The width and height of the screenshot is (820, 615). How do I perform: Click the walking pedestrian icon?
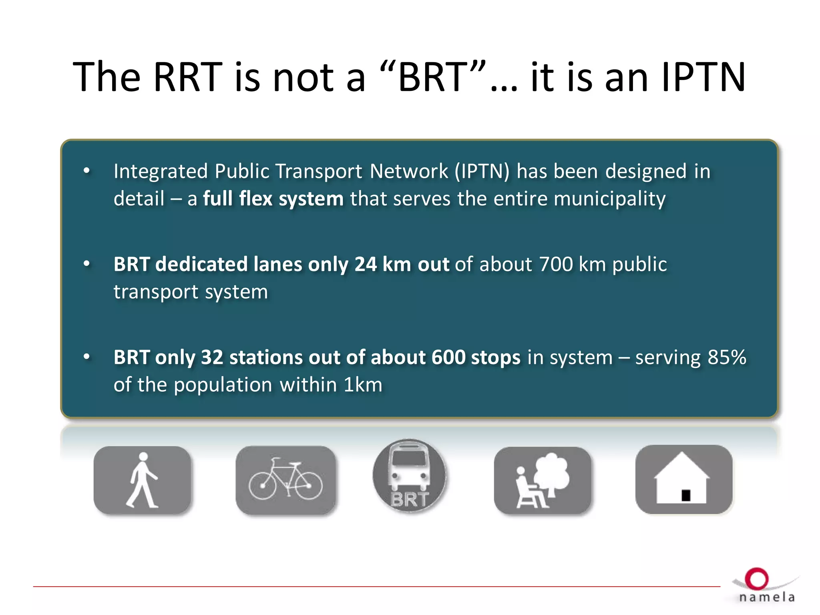point(142,480)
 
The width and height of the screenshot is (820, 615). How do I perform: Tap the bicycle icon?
point(285,480)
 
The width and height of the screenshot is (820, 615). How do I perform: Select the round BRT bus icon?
point(409,475)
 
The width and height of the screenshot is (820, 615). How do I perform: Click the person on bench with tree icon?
point(543,480)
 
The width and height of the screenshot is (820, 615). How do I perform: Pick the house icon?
point(683,479)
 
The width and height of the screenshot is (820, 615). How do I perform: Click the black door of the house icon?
point(686,496)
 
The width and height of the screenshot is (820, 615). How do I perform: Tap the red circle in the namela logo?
point(756,579)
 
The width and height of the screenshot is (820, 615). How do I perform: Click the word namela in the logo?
point(767,597)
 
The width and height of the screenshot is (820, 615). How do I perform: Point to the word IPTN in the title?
point(703,77)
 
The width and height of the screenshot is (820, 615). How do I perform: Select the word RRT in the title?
point(188,77)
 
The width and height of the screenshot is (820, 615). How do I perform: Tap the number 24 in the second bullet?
point(365,264)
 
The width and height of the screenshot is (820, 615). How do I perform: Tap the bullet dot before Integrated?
point(86,171)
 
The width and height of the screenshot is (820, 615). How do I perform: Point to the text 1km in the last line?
point(363,385)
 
